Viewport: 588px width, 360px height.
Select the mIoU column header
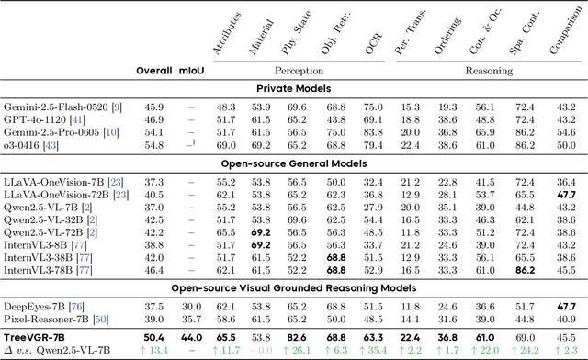pyautogui.click(x=189, y=71)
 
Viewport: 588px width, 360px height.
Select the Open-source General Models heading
pyautogui.click(x=294, y=163)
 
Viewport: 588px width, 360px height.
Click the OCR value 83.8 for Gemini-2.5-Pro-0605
pyautogui.click(x=373, y=132)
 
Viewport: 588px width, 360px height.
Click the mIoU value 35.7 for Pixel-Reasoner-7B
pyautogui.click(x=189, y=318)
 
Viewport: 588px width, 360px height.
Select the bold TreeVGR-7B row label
pyautogui.click(x=39, y=338)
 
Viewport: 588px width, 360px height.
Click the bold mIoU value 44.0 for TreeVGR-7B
pyautogui.click(x=189, y=338)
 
